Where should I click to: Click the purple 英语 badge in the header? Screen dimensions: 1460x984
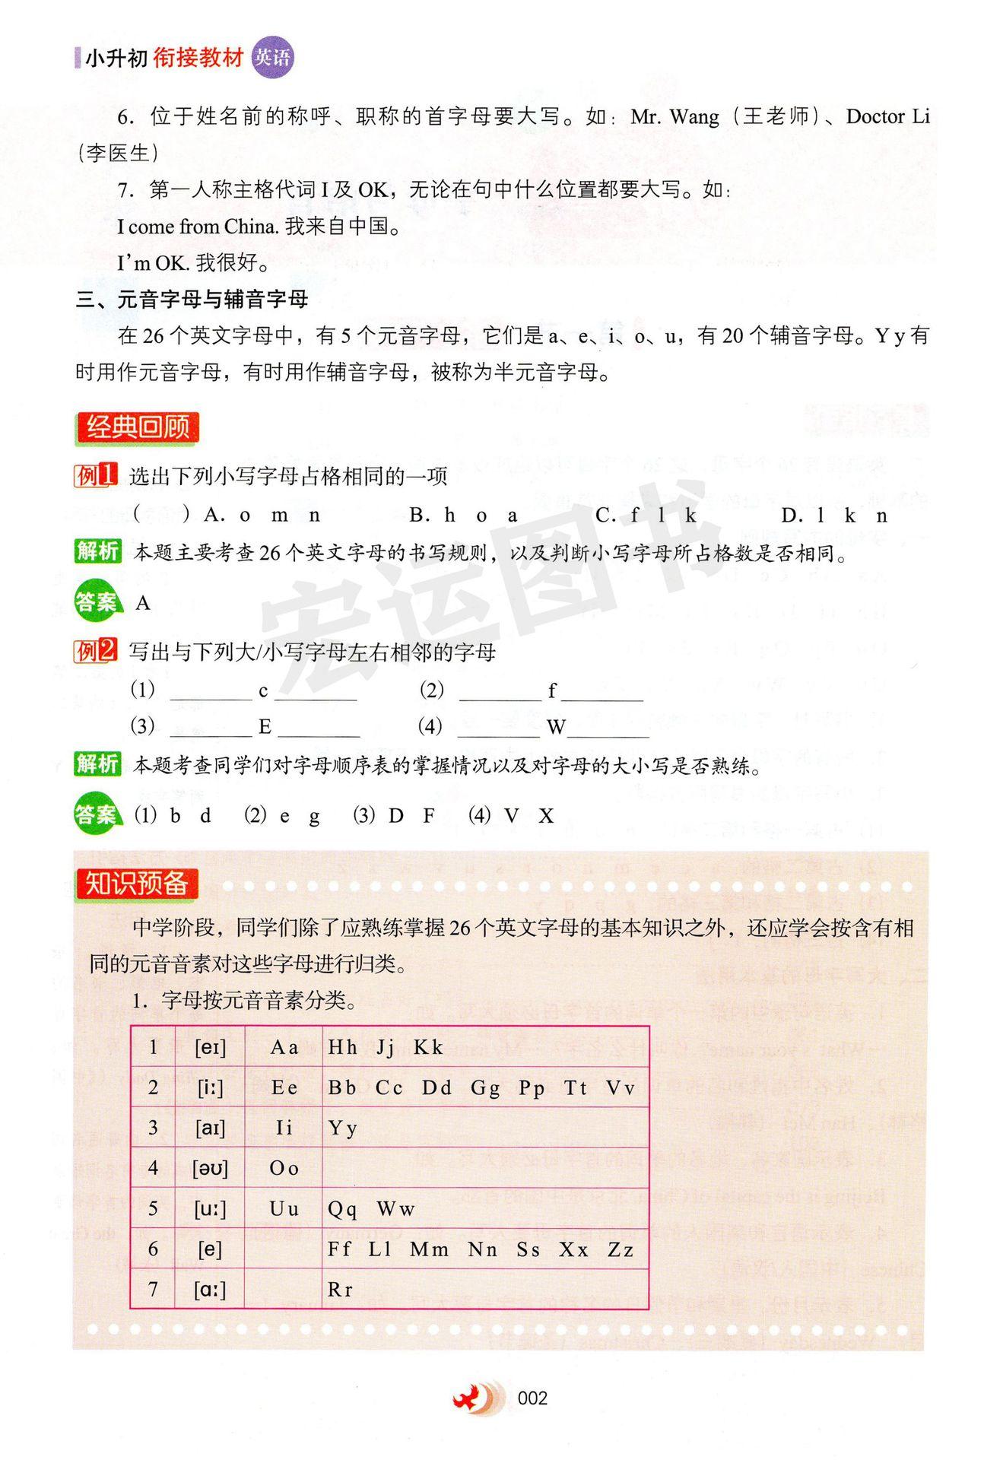click(272, 58)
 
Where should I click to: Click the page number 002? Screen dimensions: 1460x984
click(532, 1398)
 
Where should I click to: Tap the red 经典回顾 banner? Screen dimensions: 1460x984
click(137, 427)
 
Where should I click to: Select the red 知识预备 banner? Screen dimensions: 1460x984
click(136, 884)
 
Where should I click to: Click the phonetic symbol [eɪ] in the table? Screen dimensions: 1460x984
click(210, 1047)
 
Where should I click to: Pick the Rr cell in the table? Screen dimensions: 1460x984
click(340, 1289)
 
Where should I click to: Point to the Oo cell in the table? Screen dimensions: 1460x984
click(284, 1168)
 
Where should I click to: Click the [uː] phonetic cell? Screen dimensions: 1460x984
click(210, 1208)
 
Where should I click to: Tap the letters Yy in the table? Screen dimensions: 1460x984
click(342, 1128)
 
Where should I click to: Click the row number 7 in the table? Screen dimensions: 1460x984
click(153, 1289)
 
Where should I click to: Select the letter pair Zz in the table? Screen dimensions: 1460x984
click(621, 1249)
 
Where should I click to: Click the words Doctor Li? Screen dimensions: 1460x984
click(887, 116)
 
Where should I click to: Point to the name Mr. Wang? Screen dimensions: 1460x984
click(675, 116)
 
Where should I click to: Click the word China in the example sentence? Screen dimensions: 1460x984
click(252, 227)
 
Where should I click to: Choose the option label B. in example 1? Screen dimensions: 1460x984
click(419, 516)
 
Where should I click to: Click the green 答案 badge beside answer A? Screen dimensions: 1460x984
click(97, 602)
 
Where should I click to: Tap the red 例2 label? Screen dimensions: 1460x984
click(96, 651)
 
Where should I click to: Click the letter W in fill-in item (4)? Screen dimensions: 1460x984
click(556, 727)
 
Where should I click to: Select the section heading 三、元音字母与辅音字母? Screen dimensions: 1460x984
click(192, 299)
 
